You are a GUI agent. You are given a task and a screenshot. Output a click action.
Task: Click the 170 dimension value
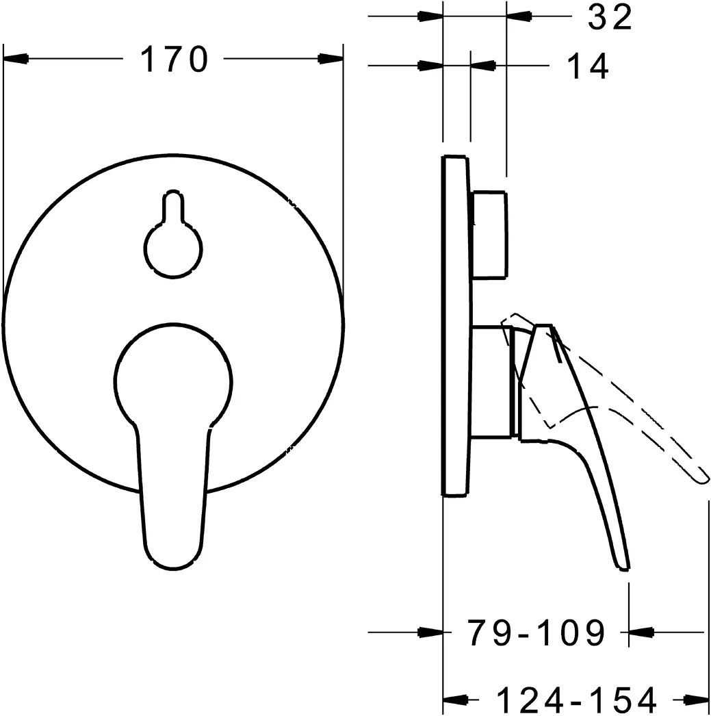pyautogui.click(x=174, y=60)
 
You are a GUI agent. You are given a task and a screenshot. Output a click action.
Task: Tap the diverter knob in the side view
pyautogui.click(x=490, y=235)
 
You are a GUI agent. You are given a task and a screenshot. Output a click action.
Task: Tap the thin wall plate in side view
pyautogui.click(x=456, y=325)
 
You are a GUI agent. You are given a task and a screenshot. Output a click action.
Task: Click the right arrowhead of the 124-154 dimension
pyautogui.click(x=695, y=700)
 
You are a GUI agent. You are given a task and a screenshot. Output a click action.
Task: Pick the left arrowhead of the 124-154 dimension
pyautogui.click(x=456, y=700)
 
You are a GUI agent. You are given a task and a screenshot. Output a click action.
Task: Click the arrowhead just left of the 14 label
pyautogui.click(x=484, y=66)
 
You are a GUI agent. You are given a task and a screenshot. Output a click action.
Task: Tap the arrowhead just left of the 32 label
pyautogui.click(x=520, y=16)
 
